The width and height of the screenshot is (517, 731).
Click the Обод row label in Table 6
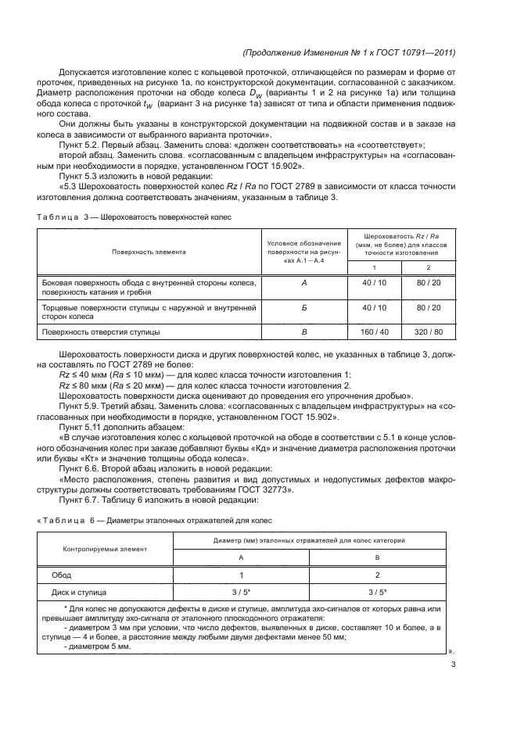pos(62,575)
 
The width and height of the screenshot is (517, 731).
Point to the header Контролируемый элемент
pos(104,549)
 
